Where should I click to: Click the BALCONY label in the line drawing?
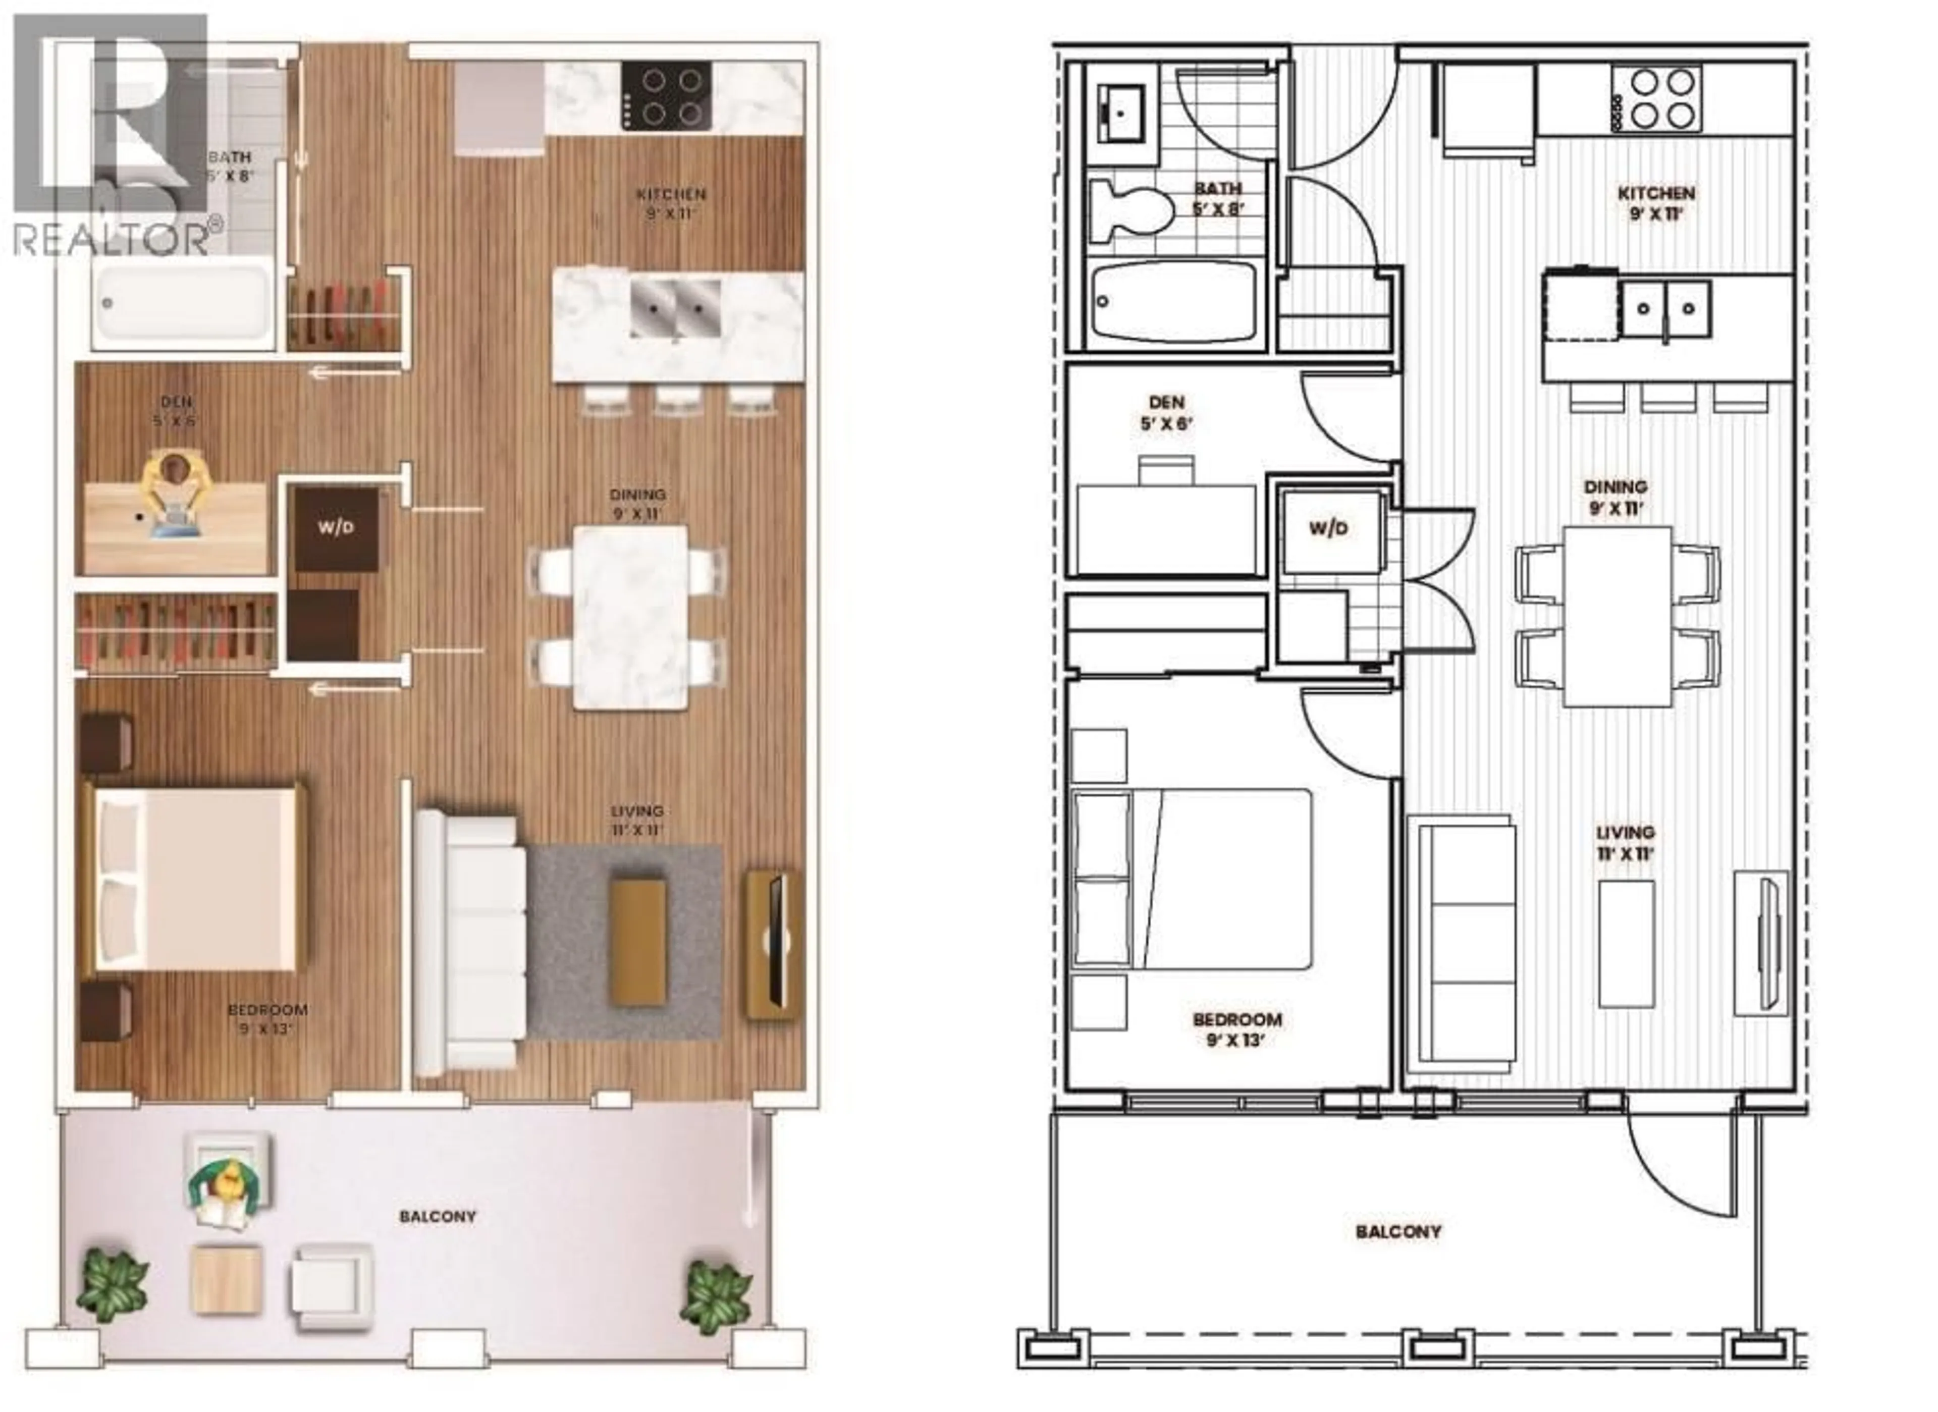[x=1397, y=1232]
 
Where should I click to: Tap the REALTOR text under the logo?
[x=111, y=239]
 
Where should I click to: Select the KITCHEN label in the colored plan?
[x=671, y=202]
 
